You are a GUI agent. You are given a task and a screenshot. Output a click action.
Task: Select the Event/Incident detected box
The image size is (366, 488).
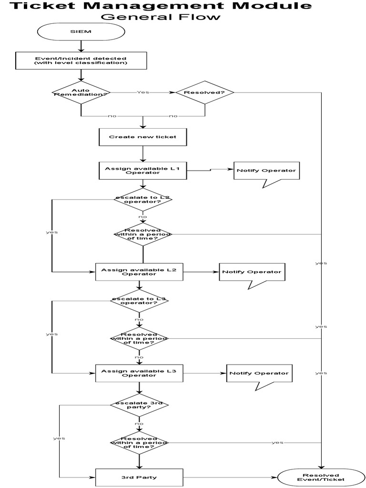[x=81, y=61]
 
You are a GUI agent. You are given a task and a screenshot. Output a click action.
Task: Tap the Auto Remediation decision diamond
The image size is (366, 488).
[x=81, y=92]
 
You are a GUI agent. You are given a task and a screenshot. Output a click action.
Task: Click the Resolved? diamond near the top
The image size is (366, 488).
[x=205, y=92]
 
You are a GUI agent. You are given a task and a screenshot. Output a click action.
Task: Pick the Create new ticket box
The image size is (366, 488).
[x=142, y=137]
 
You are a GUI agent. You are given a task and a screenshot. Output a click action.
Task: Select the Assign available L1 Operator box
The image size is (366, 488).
[x=142, y=171]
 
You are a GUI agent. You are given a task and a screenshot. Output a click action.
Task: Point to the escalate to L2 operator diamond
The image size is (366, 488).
[x=142, y=200]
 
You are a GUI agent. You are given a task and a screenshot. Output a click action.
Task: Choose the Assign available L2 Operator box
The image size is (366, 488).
[x=139, y=272]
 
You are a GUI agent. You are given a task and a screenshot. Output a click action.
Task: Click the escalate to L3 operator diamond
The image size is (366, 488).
[x=139, y=301]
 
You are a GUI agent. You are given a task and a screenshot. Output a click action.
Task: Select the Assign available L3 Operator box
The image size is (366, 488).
[x=139, y=373]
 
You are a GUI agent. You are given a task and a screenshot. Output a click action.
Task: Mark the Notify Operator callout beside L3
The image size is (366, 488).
[x=259, y=374]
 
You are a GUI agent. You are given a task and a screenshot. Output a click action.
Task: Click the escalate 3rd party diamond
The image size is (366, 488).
[x=139, y=405]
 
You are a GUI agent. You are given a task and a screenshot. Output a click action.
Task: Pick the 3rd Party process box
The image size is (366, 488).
[x=139, y=477]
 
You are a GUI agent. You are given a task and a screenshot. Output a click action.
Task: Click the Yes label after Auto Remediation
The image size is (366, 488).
[x=142, y=92]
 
